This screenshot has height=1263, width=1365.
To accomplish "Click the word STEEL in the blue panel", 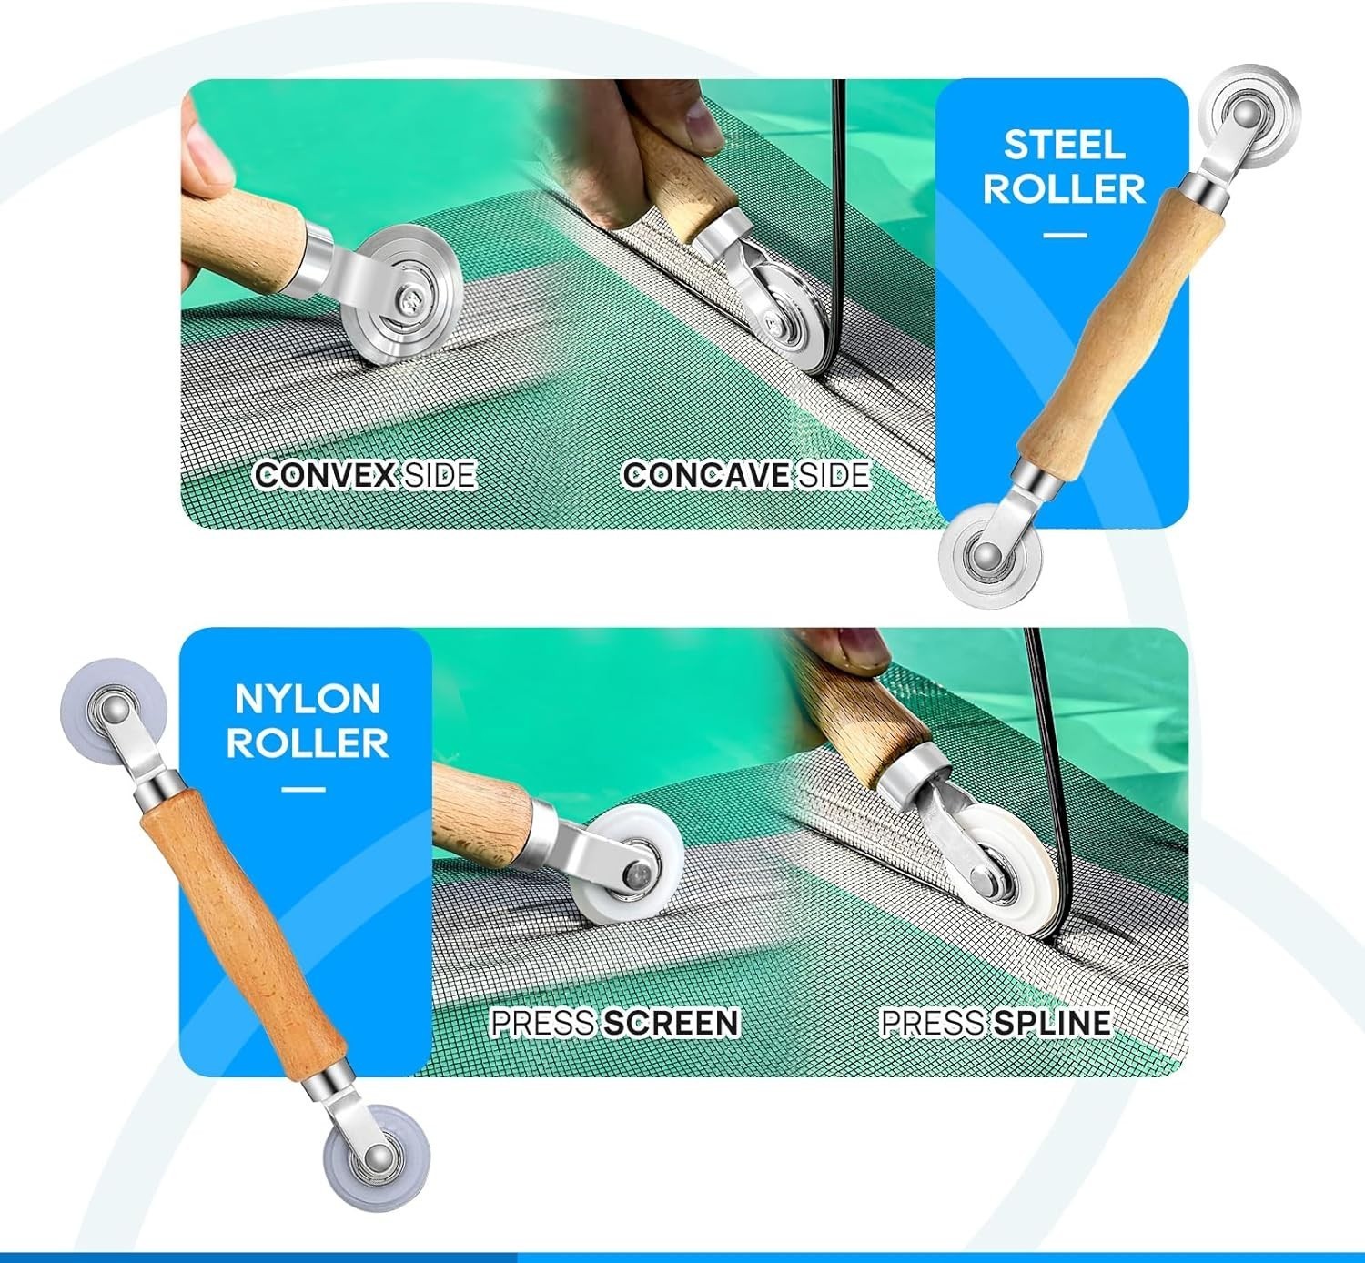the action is coord(1064,145).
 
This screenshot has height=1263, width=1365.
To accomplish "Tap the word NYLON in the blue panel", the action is coord(308,699).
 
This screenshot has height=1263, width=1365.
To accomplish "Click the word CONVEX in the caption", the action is coord(325,475).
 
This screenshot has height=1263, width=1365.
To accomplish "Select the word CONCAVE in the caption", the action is coord(706,475).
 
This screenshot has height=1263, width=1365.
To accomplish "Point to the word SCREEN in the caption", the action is coord(672,1023).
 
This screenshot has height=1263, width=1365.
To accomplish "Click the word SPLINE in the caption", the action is coord(1052,1023).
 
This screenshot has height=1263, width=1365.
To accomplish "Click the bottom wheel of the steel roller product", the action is coord(990,556).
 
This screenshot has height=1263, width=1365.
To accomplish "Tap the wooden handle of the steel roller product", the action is coord(1121,330).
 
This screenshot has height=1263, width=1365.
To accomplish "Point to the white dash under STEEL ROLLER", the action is coord(1065,235).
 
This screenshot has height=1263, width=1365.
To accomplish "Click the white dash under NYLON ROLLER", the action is coord(303,789).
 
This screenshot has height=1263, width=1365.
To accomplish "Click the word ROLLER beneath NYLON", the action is coord(308,743).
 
